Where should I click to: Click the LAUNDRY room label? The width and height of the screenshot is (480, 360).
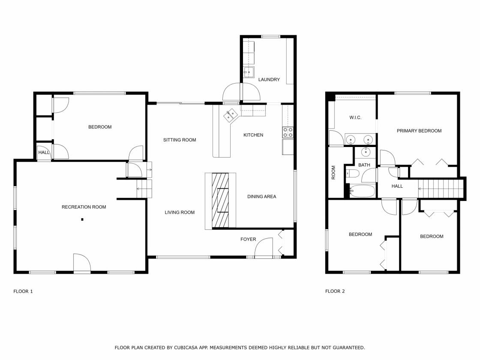[x=269, y=80]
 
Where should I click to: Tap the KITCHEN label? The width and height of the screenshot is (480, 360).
[x=253, y=135]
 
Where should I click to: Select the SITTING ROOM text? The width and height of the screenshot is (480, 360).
[x=180, y=140]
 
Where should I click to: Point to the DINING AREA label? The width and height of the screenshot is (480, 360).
[x=262, y=197]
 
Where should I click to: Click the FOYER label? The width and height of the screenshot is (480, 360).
[x=248, y=240]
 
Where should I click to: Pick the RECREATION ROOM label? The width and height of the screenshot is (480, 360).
[x=84, y=207]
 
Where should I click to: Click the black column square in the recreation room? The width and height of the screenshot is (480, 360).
[x=82, y=219]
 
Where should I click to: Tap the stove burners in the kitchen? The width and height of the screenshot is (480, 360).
[x=288, y=132]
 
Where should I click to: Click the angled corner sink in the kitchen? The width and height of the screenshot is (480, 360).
[x=231, y=115]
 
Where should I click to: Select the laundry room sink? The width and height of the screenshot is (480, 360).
[x=249, y=72]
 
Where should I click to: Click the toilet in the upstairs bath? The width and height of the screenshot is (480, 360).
[x=352, y=174]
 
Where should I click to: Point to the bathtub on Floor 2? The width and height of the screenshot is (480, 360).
[x=362, y=191]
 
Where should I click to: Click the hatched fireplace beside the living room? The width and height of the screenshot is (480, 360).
[x=220, y=200]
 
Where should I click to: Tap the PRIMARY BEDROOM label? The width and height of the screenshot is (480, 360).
[x=419, y=131]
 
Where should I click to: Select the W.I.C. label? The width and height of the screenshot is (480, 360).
[x=355, y=117]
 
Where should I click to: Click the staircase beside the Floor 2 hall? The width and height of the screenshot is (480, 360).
[x=441, y=189]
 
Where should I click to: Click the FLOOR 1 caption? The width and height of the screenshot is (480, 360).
[x=23, y=291]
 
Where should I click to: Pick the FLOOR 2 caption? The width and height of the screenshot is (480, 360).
[x=335, y=291]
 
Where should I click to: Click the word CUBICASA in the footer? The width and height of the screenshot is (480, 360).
[x=186, y=348]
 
